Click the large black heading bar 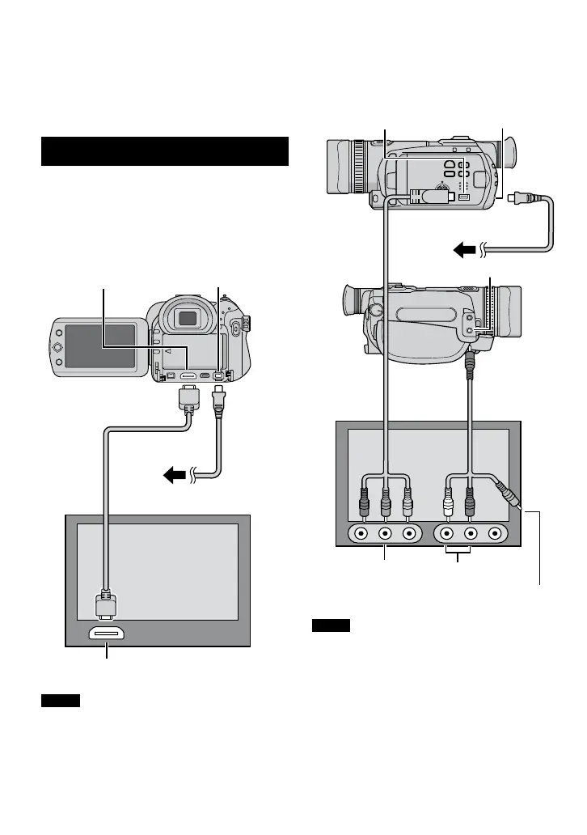165,151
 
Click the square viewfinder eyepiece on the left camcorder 188,318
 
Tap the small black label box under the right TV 332,625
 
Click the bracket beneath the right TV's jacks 458,556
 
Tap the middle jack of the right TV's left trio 386,533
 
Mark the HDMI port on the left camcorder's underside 187,375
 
